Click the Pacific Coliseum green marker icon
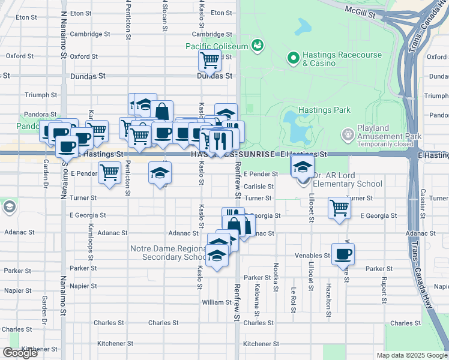(x=258, y=44)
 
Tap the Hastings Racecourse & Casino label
(x=342, y=58)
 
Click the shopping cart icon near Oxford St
(x=209, y=59)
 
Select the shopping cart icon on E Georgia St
(x=339, y=208)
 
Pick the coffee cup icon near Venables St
(x=343, y=253)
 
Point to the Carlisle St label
(x=259, y=186)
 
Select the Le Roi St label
(x=294, y=298)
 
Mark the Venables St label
(x=313, y=255)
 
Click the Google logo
(x=20, y=353)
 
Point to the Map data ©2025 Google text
(x=411, y=355)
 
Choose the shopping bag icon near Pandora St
(x=161, y=111)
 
